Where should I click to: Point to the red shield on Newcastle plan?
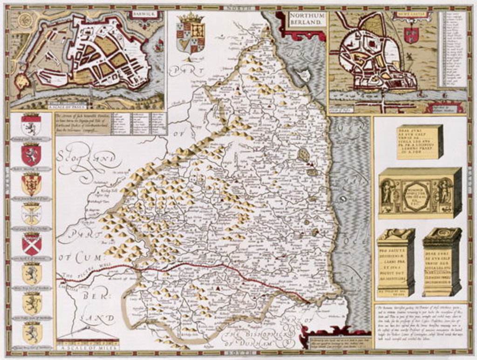[411, 35]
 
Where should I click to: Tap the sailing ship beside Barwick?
[159, 46]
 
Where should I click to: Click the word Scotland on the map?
[86, 161]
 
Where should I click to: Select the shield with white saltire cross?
[32, 244]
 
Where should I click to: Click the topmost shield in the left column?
[31, 125]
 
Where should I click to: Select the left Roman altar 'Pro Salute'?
[395, 262]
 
